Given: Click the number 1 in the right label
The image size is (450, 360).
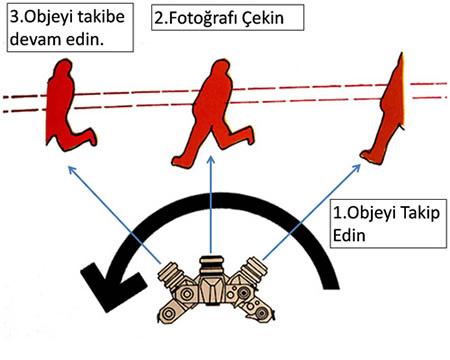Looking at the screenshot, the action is click(x=335, y=213).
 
